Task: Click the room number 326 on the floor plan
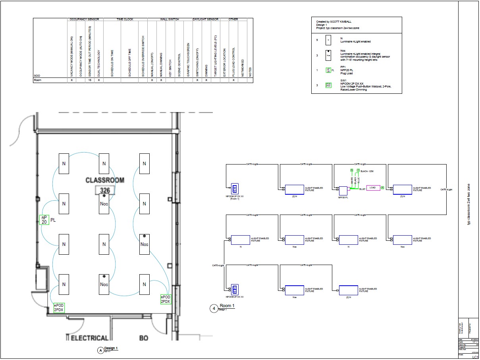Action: [x=105, y=190]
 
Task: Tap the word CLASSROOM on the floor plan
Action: [x=105, y=180]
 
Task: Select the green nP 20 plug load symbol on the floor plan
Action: [x=44, y=220]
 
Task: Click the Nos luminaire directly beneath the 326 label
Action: [x=104, y=203]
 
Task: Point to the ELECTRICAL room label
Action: [x=89, y=338]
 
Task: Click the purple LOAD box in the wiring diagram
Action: [x=372, y=188]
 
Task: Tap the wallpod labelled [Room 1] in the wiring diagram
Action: [x=234, y=188]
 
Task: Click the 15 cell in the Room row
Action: [x=90, y=80]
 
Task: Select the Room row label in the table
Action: [x=38, y=80]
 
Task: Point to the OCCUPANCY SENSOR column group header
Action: [x=84, y=19]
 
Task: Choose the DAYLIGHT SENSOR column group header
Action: [x=205, y=19]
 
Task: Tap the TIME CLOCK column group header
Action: [x=125, y=19]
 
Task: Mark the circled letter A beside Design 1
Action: [x=100, y=350]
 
